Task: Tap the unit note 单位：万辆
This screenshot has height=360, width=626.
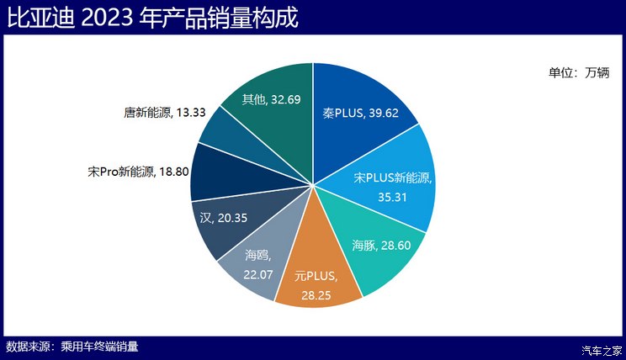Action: click(578, 72)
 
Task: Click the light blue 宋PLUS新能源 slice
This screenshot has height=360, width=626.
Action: click(395, 189)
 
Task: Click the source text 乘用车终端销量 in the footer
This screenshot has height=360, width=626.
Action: click(99, 347)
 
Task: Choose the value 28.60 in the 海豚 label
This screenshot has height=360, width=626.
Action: click(395, 246)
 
